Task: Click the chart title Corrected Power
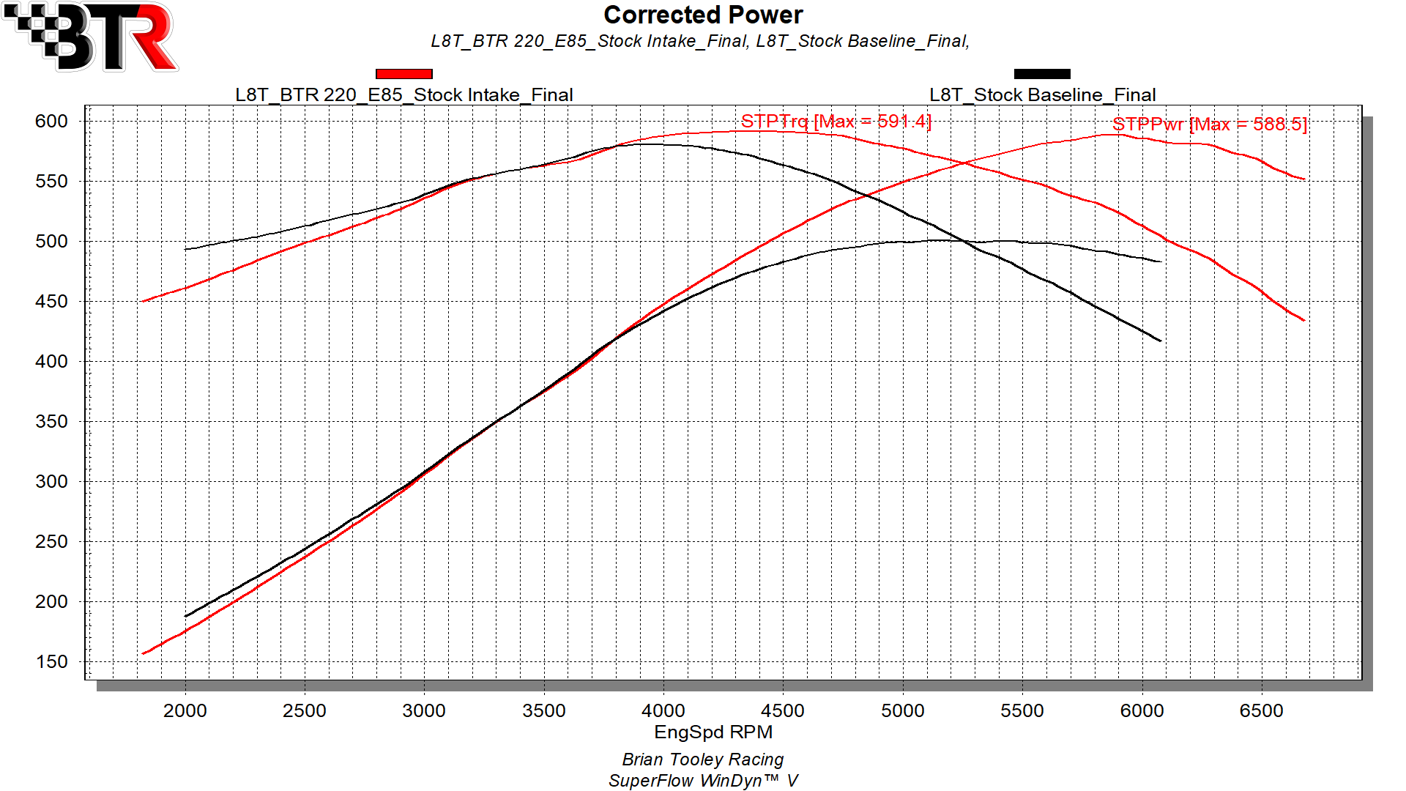click(703, 15)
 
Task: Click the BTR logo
click(91, 37)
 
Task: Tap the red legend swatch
click(403, 74)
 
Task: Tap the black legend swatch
click(1042, 74)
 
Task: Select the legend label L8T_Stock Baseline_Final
click(1043, 95)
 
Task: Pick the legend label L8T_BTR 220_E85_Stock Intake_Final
click(404, 95)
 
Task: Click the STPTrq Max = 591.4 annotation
click(836, 121)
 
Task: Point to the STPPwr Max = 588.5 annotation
click(1210, 124)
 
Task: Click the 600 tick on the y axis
click(51, 121)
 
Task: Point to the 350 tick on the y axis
click(51, 421)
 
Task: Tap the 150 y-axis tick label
click(51, 661)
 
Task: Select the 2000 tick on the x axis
click(185, 710)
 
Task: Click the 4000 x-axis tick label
click(663, 710)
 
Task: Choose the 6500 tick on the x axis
click(1262, 710)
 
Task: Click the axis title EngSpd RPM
click(713, 732)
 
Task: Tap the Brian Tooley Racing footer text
click(703, 760)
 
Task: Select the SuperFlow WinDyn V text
click(703, 781)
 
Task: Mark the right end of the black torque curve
click(1161, 341)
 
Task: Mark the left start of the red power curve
click(142, 654)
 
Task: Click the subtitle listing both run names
click(700, 41)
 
